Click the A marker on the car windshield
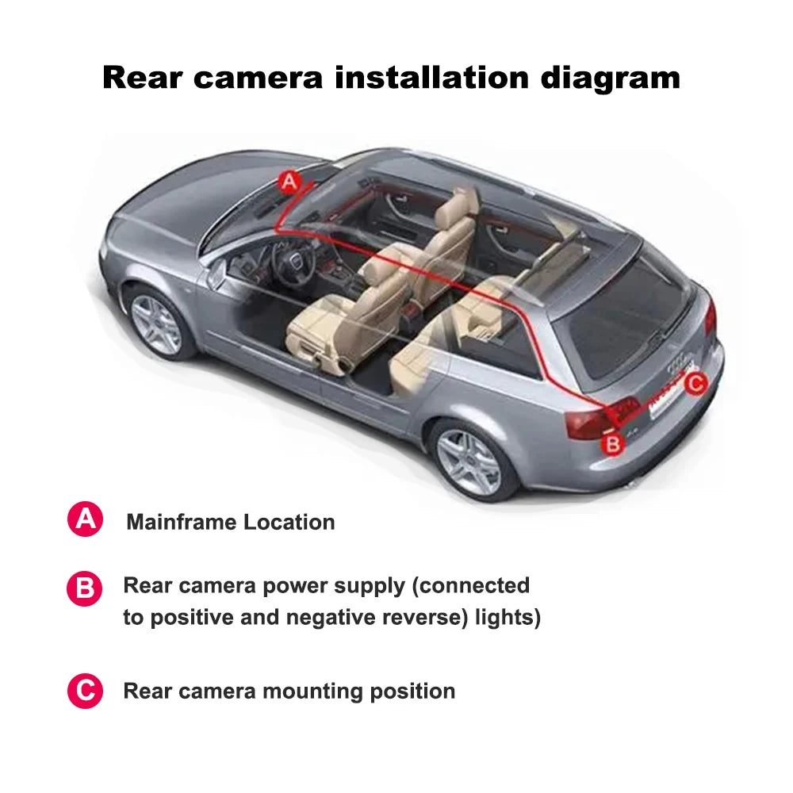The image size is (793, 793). click(290, 182)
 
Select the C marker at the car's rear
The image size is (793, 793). click(695, 385)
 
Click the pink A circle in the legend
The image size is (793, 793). click(85, 520)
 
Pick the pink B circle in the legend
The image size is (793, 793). click(85, 590)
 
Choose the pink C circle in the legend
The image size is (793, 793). click(85, 691)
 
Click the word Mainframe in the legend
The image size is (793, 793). click(182, 522)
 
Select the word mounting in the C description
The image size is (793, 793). click(316, 691)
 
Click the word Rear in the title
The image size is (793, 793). click(142, 78)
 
